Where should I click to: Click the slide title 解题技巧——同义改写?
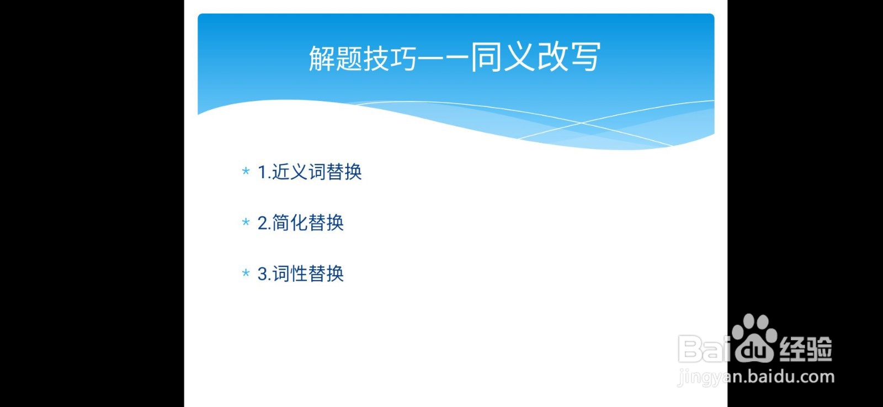click(455, 57)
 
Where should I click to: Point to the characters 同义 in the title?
click(502, 57)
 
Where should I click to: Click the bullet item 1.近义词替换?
click(310, 172)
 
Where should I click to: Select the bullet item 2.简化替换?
click(301, 223)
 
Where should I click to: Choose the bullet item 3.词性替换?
click(301, 274)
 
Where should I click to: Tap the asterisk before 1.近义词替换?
click(246, 172)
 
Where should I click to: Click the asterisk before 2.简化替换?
click(246, 223)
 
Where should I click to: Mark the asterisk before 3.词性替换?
click(246, 274)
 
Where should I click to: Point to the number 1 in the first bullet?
click(262, 172)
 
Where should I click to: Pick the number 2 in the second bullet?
click(263, 223)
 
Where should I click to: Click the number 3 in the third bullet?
click(263, 274)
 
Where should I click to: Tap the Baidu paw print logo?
click(754, 338)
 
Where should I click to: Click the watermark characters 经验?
click(806, 349)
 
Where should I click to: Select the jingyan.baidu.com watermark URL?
click(756, 377)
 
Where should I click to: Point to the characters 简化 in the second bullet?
click(290, 223)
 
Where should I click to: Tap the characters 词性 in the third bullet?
click(290, 274)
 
